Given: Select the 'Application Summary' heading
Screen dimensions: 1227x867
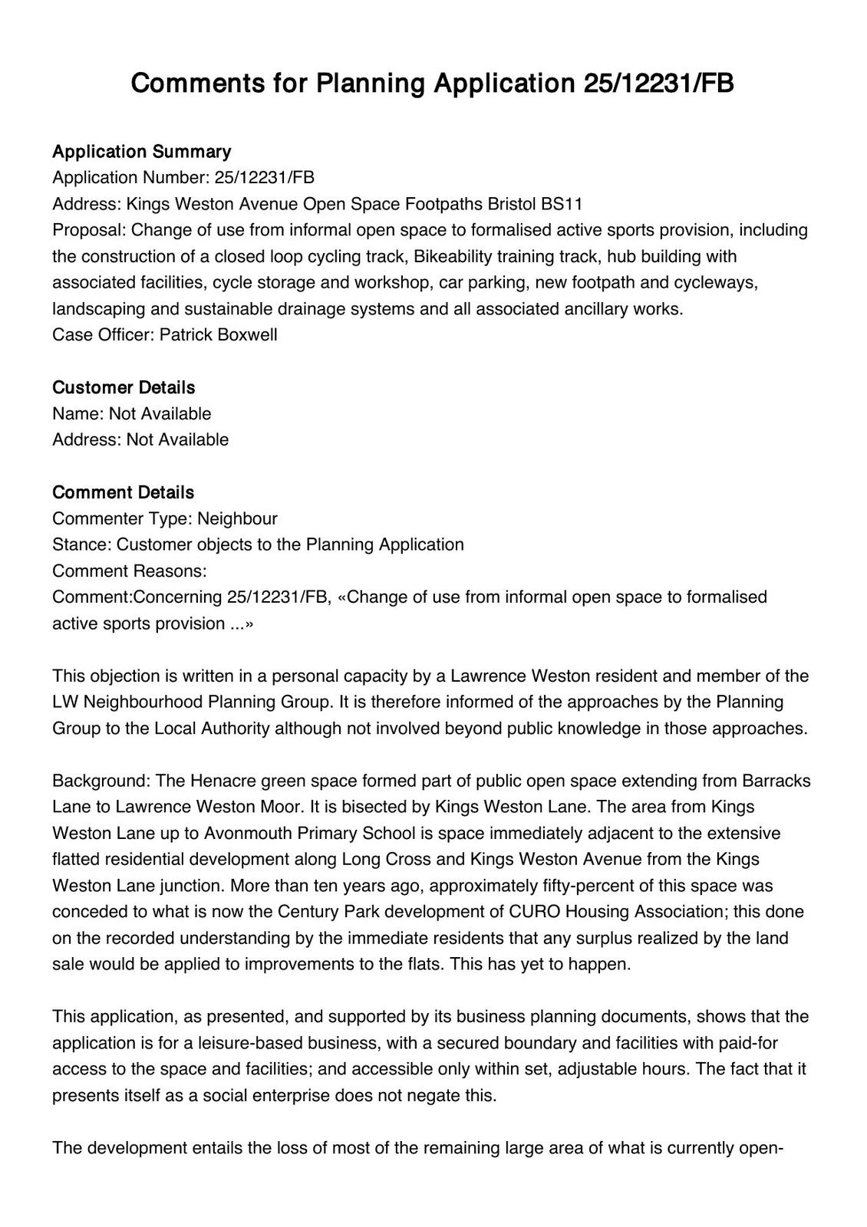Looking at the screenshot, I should point(141,151).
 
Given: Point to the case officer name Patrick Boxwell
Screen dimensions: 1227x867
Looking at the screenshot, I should point(219,335).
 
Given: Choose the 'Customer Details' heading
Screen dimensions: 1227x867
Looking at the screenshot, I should point(124,387).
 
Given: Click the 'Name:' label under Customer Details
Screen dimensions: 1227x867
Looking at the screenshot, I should point(77,414).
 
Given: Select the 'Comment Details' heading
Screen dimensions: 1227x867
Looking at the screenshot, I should point(123,492).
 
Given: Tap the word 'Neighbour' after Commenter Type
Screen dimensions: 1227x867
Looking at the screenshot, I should point(237,518).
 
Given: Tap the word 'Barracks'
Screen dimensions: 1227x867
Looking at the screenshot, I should point(776,781).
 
